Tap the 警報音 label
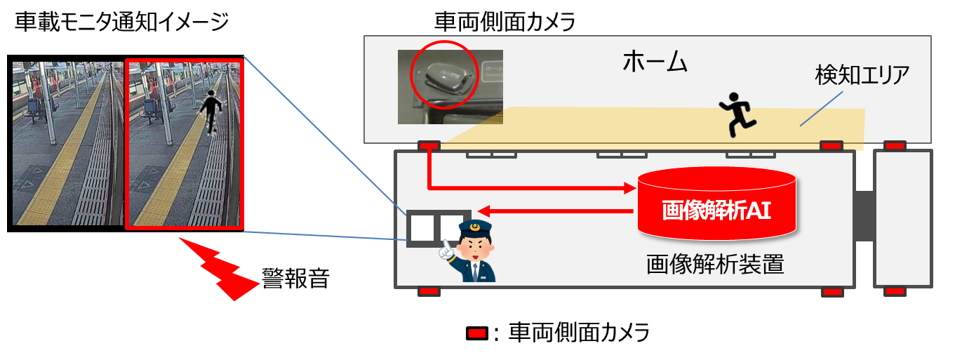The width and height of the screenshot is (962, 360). [x=295, y=279]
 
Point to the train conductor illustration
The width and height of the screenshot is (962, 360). [x=471, y=252]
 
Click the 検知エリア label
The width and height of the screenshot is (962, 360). [x=860, y=73]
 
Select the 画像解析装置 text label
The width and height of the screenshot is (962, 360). [x=715, y=265]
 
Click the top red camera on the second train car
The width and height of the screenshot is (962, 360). [x=894, y=146]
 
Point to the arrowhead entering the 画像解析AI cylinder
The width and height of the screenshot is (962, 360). [x=630, y=187]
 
